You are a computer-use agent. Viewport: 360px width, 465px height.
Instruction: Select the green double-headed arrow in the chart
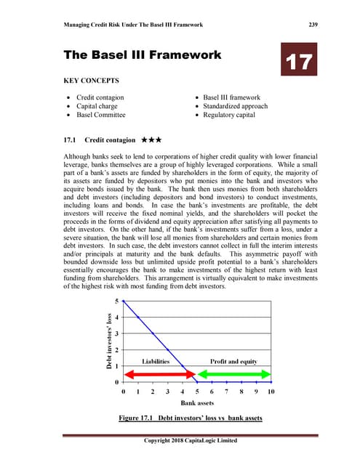(234, 373)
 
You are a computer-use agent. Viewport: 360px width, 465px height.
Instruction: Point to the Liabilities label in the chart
(155, 361)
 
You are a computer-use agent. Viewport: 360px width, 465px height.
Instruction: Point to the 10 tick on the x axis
(271, 391)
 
